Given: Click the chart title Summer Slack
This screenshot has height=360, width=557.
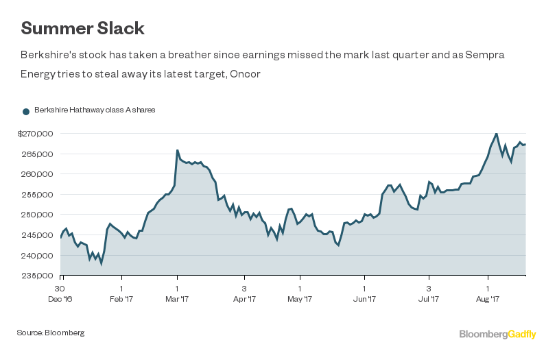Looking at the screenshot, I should pos(82,28).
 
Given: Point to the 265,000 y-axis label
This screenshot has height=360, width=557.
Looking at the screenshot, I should pos(38,154).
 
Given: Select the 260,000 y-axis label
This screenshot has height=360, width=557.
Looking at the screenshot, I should pos(38,174).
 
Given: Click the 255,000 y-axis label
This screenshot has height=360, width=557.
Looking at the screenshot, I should pos(38,194).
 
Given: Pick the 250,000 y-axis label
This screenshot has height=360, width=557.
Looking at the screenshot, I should pos(38,215).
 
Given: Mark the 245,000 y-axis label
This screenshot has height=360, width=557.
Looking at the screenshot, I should pos(38,235).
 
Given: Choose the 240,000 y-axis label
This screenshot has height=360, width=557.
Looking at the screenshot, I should pos(38,255).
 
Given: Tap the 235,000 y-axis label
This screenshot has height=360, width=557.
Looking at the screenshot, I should pos(38,276).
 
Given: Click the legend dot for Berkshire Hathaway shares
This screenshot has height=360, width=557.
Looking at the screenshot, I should pos(26,110).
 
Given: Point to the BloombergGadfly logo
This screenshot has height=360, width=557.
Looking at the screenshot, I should pos(497,334).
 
